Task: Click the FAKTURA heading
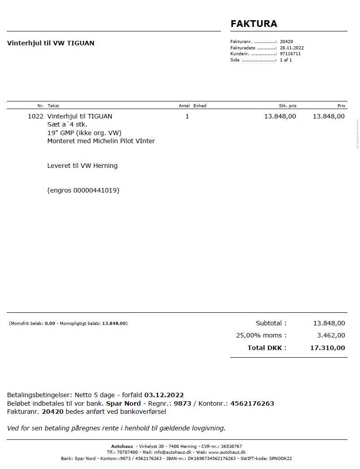point(254,24)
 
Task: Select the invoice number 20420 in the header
point(286,41)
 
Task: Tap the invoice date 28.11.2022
point(292,48)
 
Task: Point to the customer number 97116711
point(290,54)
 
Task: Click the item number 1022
point(35,116)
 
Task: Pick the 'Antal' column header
point(184,106)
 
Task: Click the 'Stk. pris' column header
point(287,106)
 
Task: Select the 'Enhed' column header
point(200,106)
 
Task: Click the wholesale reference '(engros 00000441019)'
point(83,190)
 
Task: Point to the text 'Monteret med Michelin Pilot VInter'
point(101,141)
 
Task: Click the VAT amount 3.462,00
point(331,335)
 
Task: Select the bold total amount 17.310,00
point(327,348)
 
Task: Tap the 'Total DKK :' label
point(267,348)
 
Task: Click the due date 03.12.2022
point(164,395)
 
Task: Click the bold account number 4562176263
point(252,403)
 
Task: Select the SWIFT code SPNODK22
point(280,459)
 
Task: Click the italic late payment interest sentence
point(116,428)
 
